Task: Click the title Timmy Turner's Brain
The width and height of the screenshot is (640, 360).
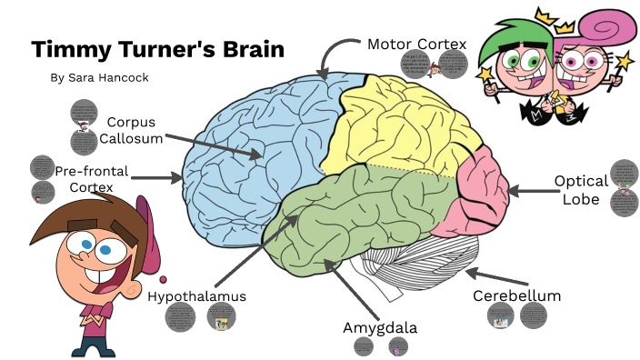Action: [x=157, y=49]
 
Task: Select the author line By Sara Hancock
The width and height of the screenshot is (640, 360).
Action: [x=99, y=77]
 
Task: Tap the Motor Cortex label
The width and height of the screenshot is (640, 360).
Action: [x=416, y=44]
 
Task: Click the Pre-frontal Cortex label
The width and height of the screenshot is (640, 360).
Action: [x=91, y=178]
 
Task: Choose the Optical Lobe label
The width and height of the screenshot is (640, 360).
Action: [x=581, y=189]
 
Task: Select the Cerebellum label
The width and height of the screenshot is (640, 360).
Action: [x=516, y=295]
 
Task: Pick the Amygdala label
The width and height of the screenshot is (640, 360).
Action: [x=379, y=326]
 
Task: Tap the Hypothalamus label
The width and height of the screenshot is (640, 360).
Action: [x=196, y=295]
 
